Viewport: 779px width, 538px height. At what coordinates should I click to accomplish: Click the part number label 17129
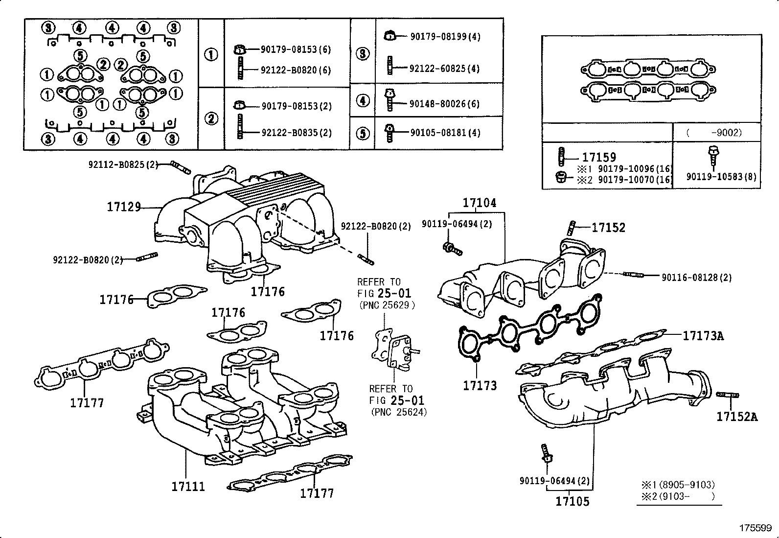point(124,207)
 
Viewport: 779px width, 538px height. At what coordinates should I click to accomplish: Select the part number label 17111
point(188,487)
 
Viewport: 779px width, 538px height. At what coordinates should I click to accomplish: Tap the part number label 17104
point(479,203)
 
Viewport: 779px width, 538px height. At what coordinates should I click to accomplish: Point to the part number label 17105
point(573,501)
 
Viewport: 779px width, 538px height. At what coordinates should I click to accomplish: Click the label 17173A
point(703,336)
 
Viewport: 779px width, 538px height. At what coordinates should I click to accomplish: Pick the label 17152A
point(736,417)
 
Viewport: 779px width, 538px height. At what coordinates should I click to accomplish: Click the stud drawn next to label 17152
point(572,228)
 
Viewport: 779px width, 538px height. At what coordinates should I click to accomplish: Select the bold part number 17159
point(599,158)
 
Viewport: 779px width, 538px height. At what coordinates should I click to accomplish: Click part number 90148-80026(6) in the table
point(445,104)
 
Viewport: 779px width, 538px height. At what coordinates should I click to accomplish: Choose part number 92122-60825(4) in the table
point(444,69)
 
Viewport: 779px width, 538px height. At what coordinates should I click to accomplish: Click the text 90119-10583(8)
point(721,177)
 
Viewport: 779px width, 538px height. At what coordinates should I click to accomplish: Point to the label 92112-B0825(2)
point(123,165)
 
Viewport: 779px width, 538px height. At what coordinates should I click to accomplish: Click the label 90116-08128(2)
point(697,278)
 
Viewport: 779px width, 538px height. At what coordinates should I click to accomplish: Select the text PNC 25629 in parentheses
point(387,305)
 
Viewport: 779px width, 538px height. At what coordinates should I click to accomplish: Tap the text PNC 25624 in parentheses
point(399,412)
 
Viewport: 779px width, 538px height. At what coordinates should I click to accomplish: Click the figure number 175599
point(755,528)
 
